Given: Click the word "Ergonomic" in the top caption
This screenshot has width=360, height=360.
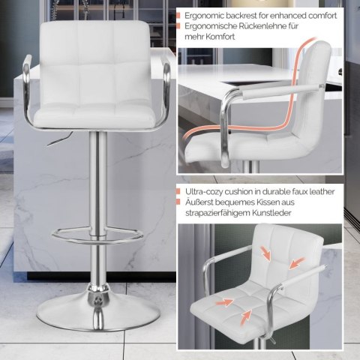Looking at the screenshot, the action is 204,16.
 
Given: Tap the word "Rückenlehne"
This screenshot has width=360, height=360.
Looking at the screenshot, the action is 263,26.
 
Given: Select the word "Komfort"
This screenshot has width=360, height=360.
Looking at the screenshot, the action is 220,37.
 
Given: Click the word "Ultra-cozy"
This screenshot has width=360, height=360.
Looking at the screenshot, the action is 203,192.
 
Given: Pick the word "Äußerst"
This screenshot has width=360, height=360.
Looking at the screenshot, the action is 199,202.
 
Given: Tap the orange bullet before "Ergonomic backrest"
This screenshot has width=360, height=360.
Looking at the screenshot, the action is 178,16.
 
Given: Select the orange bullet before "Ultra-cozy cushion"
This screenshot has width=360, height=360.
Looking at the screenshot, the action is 178,192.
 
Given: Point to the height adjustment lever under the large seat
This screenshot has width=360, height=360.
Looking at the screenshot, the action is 59,139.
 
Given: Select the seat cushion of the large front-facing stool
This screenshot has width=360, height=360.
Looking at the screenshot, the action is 94,115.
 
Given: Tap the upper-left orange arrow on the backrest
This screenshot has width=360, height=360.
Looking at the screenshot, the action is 265,253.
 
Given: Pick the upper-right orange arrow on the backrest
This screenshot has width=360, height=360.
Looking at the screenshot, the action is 297,263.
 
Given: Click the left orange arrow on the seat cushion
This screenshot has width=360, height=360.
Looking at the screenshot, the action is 224,302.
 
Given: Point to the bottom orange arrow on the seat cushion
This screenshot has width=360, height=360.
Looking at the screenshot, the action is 246,317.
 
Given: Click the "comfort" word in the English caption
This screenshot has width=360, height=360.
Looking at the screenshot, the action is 322,16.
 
